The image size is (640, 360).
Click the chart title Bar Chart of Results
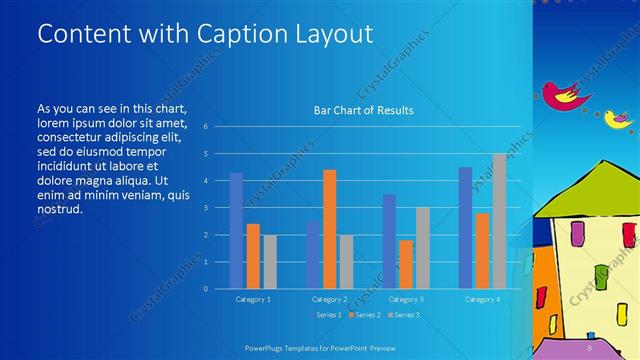point(363,110)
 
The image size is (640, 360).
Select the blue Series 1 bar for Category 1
point(236,231)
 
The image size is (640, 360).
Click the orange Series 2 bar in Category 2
point(329,229)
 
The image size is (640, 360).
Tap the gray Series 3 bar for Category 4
point(499,221)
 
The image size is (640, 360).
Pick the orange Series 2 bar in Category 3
point(406,264)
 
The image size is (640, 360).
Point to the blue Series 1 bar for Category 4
point(465,228)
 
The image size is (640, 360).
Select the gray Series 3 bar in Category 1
point(270,261)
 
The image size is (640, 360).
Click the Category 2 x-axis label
point(330,299)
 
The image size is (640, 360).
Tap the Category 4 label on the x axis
point(483,299)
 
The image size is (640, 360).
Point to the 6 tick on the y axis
point(204,127)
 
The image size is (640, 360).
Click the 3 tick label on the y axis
point(204,208)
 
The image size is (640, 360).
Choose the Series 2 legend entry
point(365,315)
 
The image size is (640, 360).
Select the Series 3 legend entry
point(403,315)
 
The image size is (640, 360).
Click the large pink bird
point(566,94)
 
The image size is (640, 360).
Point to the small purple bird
point(620,119)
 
